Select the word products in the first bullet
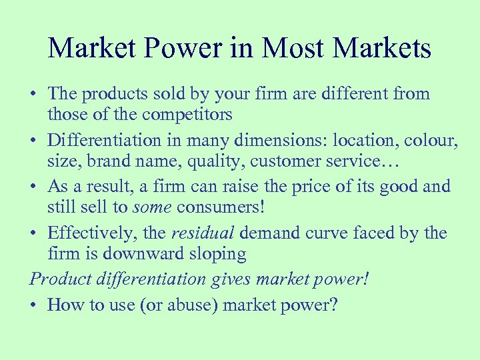[112, 94]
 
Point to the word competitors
[185, 115]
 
